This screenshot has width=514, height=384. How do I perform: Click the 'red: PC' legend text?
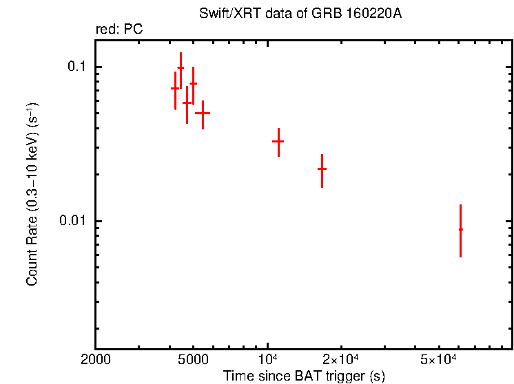[119, 30]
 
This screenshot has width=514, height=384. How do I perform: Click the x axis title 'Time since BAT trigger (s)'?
[304, 376]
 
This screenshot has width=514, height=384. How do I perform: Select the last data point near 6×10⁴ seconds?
[460, 229]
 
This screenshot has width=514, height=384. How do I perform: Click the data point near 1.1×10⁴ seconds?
[278, 141]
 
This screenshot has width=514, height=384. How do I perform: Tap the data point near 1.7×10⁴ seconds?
[322, 169]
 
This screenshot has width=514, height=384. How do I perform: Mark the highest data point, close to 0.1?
[181, 69]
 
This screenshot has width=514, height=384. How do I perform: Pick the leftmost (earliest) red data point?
[175, 88]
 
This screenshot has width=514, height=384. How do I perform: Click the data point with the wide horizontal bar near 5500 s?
[203, 113]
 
